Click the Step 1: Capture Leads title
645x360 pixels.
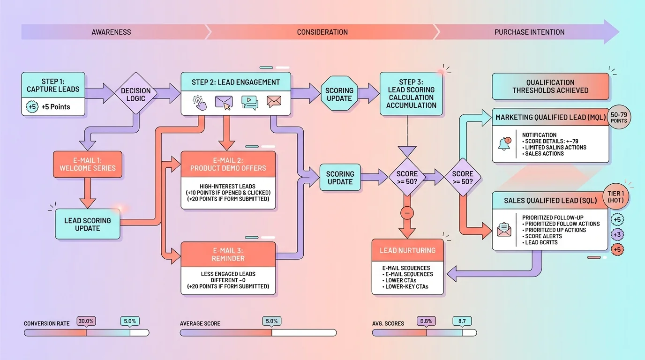coord(53,85)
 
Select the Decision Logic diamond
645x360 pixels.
coord(136,94)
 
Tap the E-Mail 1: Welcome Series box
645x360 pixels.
coord(88,165)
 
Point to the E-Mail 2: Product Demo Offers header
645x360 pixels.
coord(228,164)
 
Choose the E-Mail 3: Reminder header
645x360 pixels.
coord(228,255)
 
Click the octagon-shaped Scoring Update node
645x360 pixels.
coord(339,94)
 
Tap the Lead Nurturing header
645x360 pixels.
coord(407,250)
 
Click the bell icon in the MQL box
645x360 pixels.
coord(504,144)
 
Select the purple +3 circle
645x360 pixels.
coord(617,234)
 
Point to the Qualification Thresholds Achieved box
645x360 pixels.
coord(550,86)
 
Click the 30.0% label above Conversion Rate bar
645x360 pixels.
coord(86,321)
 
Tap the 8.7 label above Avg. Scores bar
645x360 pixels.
coord(462,321)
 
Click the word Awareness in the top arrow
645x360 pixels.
coord(111,32)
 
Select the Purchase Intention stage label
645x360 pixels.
coord(529,32)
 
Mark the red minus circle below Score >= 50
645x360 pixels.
coord(407,213)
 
